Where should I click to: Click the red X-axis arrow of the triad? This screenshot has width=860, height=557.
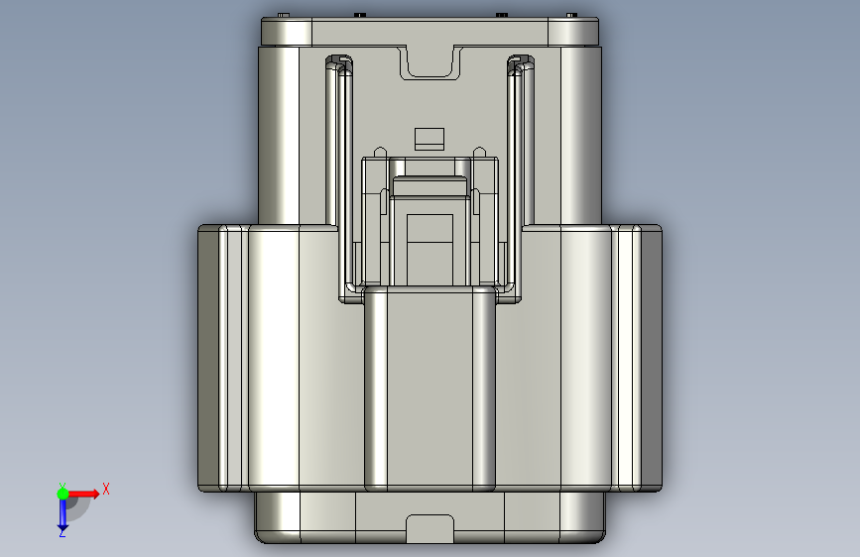click(83, 494)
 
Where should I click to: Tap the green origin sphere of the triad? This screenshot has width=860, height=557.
click(62, 494)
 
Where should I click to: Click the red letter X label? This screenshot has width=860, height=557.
click(106, 489)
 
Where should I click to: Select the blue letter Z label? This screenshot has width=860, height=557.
click(61, 532)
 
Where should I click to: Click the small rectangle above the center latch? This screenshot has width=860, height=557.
click(430, 139)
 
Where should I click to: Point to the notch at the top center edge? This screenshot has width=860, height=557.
click(430, 63)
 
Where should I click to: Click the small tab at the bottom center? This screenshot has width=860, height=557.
click(430, 528)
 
